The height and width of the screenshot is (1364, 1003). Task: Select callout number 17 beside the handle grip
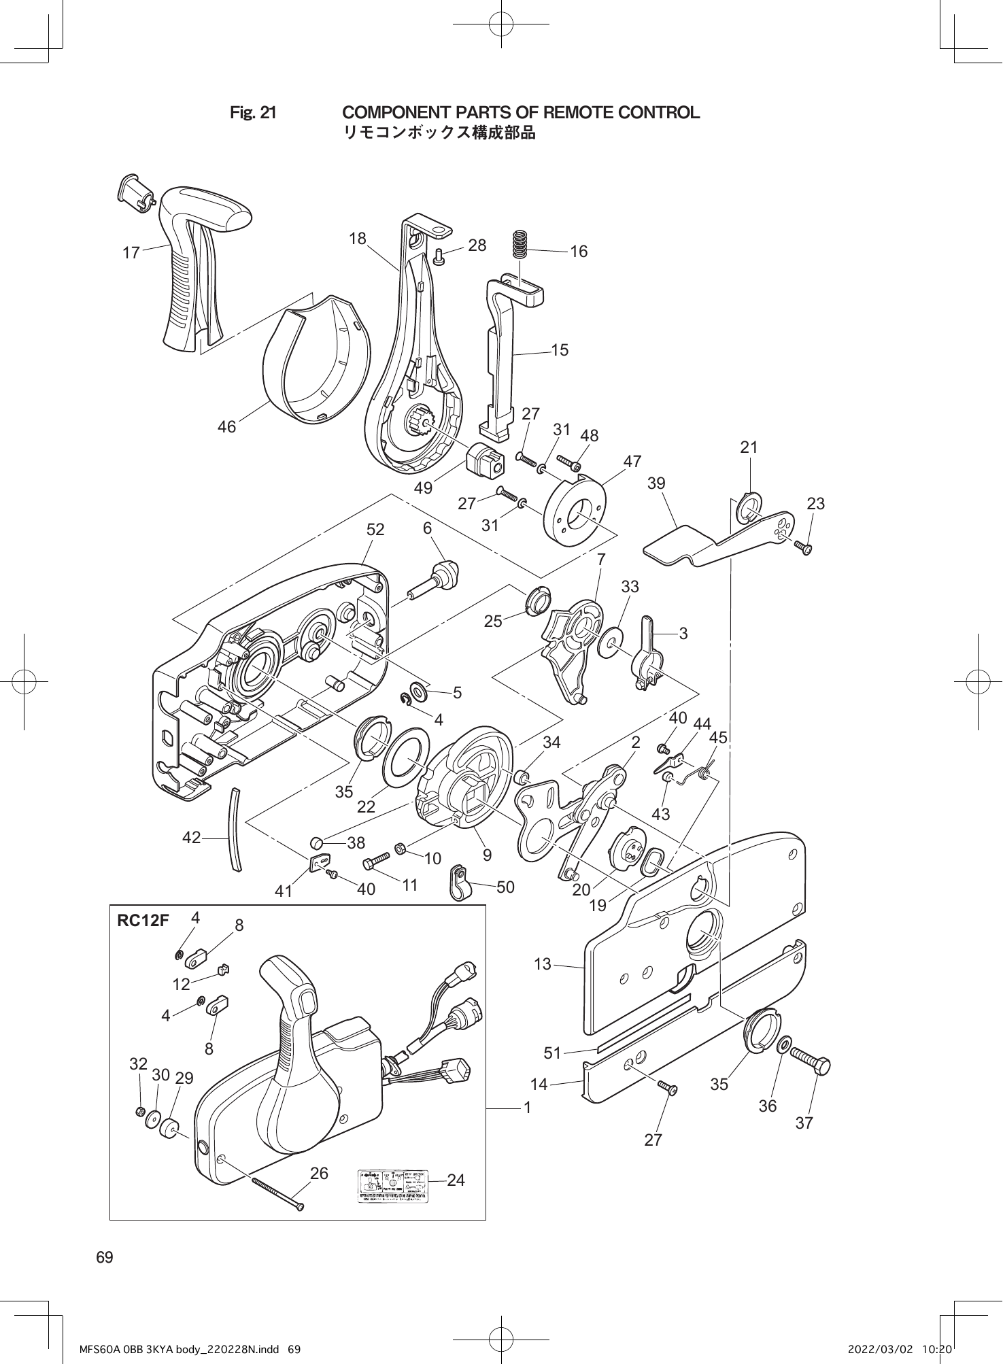pos(131,253)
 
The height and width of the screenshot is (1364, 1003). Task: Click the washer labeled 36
pos(784,1044)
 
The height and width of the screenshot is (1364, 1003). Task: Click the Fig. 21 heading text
pos(253,113)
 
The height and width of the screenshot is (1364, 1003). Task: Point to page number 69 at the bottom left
pos(105,1257)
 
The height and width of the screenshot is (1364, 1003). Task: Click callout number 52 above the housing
pos(375,529)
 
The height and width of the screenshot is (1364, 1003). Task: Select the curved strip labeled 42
pos(235,828)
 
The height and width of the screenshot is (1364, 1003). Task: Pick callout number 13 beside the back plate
pos(543,964)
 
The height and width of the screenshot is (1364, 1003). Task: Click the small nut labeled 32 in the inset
pos(139,1111)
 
